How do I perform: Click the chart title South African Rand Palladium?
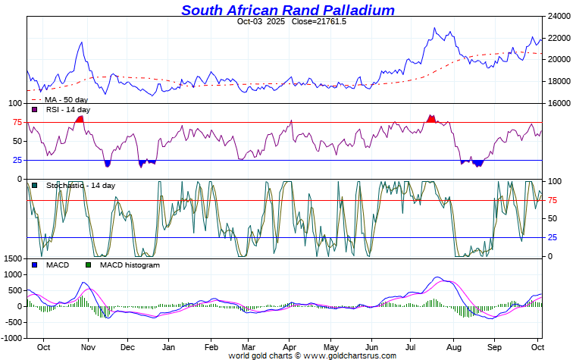[x=288, y=10]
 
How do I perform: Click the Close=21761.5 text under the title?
[x=318, y=21]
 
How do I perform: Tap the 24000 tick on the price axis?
[x=559, y=16]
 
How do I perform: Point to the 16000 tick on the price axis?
[x=559, y=103]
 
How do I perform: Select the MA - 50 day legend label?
[x=66, y=99]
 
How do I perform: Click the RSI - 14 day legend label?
[x=67, y=110]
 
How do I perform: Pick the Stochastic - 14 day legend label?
[x=80, y=185]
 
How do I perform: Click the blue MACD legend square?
[x=35, y=265]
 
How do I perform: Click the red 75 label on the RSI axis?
[x=17, y=122]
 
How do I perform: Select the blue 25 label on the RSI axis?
[x=17, y=160]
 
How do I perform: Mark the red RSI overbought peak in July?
[x=431, y=117]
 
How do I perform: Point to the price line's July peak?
[x=434, y=29]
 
